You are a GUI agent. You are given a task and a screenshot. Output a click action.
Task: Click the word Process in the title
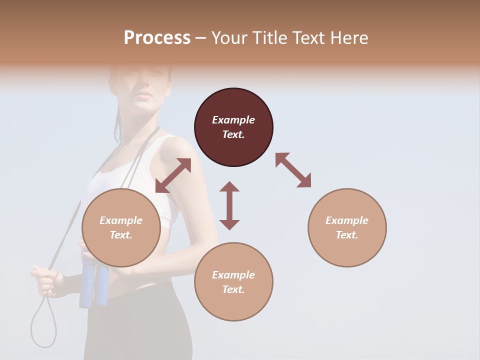pos(157,37)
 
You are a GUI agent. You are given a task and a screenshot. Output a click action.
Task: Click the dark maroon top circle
pos(233,127)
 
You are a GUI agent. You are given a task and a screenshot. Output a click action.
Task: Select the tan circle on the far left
pos(121,227)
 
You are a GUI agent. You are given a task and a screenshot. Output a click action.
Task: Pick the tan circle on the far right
pos(347,227)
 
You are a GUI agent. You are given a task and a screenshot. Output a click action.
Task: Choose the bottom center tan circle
pos(233,282)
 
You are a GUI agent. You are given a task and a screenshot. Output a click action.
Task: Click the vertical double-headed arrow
pos(229,205)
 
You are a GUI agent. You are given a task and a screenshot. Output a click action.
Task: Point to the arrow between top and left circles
pos(173,175)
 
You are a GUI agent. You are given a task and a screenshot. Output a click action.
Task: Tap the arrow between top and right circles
pos(293,170)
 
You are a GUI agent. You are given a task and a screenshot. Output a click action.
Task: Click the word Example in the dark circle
pos(233,120)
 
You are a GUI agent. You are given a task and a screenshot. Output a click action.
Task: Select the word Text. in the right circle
pos(347,235)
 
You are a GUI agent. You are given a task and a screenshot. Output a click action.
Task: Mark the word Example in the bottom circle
pos(233,275)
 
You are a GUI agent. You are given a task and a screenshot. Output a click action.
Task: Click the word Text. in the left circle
pos(121,235)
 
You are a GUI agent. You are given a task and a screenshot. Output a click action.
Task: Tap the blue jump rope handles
pos(93,285)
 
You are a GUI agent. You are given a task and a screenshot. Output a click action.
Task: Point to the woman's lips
pos(144,95)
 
